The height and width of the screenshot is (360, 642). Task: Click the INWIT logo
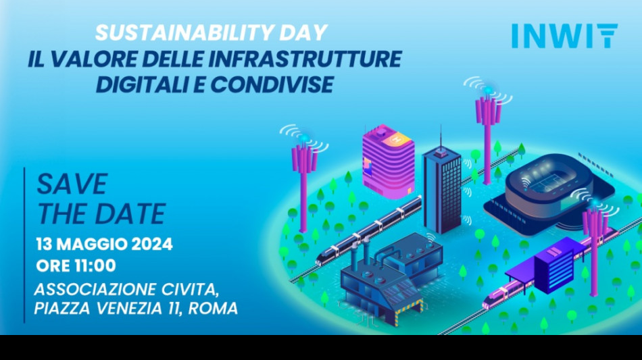[x=564, y=36]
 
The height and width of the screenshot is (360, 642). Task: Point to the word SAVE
[x=72, y=184]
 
